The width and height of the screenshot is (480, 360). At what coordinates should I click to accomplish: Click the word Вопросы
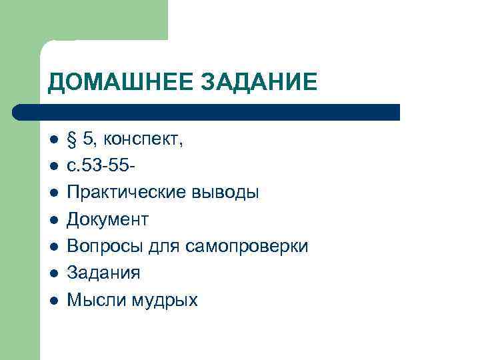coord(102,247)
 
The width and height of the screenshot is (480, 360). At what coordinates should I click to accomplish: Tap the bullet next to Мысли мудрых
coord(53,301)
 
